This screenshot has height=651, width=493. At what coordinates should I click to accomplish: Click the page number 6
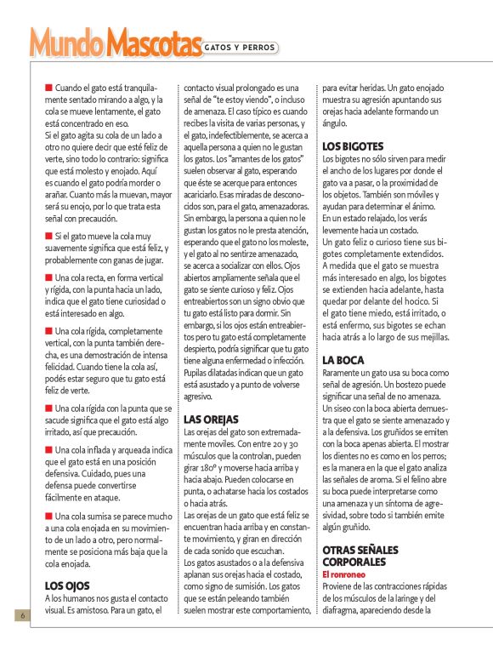(x=14, y=615)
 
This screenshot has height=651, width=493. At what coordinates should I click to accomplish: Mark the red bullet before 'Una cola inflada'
(x=49, y=449)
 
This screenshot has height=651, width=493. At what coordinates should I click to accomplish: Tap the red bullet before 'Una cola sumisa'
(x=49, y=516)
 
